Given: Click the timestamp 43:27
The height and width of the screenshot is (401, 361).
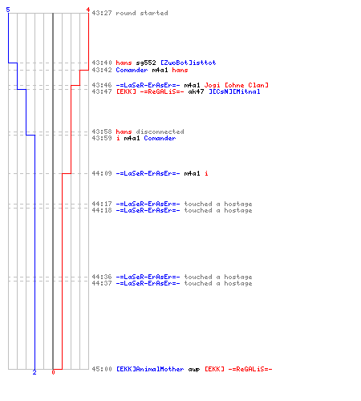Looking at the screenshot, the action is (x=102, y=13).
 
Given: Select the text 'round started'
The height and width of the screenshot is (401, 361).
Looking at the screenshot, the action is (x=142, y=13).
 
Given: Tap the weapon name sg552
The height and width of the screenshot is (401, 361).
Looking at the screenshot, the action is (x=146, y=63).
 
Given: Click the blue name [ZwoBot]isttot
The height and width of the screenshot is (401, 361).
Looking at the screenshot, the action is (x=189, y=63).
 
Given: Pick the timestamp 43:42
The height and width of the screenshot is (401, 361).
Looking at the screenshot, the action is (x=102, y=70).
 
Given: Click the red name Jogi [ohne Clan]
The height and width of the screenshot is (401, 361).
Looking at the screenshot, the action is (x=237, y=85).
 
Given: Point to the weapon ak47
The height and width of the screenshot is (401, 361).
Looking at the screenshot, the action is (x=196, y=91).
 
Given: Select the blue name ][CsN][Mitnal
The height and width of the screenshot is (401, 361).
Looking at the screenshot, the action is (x=234, y=91).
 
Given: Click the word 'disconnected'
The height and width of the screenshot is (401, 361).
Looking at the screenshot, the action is (x=160, y=132).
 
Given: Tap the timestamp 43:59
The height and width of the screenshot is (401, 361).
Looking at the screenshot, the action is (x=102, y=138).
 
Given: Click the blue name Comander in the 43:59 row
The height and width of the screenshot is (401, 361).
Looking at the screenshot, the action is (x=160, y=138).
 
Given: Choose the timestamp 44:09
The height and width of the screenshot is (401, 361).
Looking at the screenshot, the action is (x=102, y=173).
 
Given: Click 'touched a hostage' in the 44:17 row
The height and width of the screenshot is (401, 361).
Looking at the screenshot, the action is (x=218, y=204).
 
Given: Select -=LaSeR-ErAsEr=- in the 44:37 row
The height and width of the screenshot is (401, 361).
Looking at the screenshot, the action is (x=148, y=283).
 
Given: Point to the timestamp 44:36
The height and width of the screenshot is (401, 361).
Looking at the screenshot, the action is (x=102, y=277).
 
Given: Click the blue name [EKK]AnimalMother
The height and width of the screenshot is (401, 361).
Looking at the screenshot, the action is (x=150, y=369).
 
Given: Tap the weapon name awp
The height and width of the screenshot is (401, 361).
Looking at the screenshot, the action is (x=194, y=370).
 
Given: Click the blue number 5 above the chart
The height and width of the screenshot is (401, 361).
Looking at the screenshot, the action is (x=8, y=10).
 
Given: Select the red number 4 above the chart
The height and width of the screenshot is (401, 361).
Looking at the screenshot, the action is (x=88, y=10).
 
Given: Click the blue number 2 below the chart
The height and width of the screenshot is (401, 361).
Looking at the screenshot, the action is (x=34, y=372).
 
